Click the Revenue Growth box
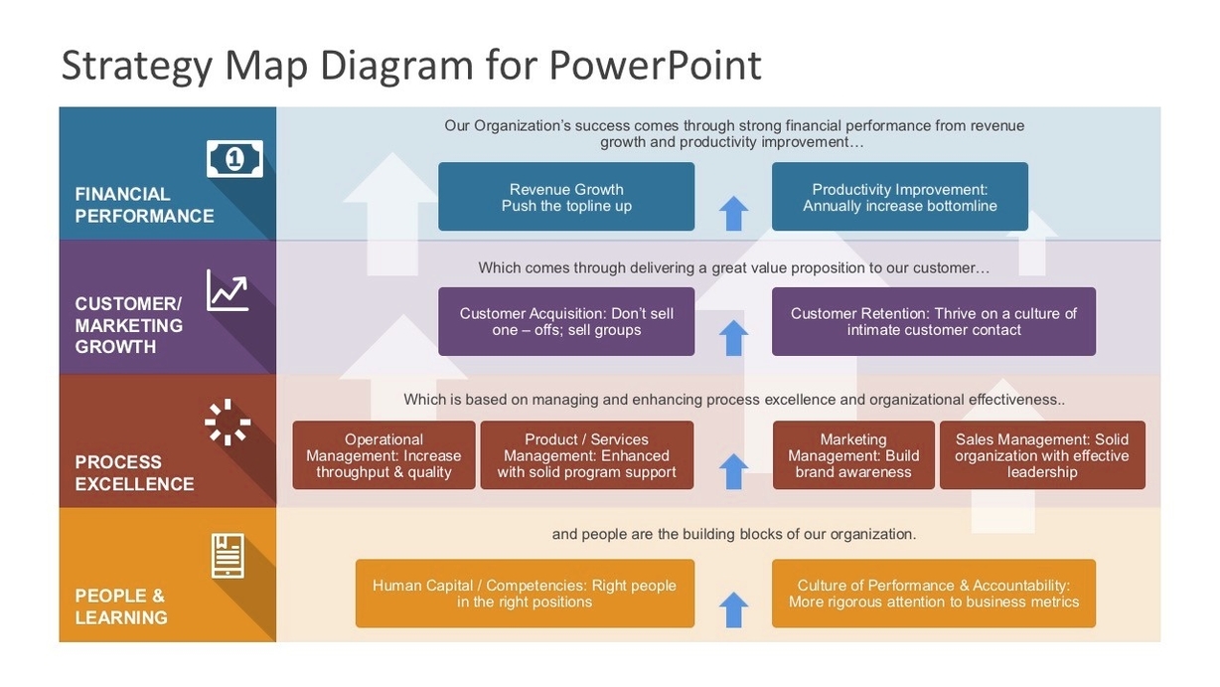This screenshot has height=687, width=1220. click(x=566, y=197)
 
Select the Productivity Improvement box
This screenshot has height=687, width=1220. click(x=899, y=197)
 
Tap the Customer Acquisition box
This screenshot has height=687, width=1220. click(x=566, y=321)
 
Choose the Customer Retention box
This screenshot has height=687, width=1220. click(x=933, y=321)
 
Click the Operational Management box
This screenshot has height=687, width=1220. click(x=383, y=455)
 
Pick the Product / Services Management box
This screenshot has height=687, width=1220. click(x=586, y=455)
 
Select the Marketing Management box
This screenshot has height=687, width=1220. click(x=852, y=455)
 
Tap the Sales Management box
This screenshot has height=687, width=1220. click(x=1041, y=455)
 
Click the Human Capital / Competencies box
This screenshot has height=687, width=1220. click(x=525, y=594)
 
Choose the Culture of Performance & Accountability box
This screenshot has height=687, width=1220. click(x=933, y=594)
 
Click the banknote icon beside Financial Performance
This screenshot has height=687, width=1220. click(x=234, y=158)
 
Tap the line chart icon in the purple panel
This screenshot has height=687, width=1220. click(x=228, y=290)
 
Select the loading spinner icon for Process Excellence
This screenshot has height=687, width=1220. click(x=228, y=422)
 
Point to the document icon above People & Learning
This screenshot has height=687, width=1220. click(x=228, y=555)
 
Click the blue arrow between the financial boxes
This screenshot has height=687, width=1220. click(x=733, y=213)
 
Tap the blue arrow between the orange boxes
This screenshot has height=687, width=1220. click(x=733, y=609)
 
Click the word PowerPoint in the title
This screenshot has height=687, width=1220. click(x=655, y=66)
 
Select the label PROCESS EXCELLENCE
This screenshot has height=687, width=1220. click(x=134, y=473)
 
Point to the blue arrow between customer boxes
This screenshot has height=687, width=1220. click(x=733, y=338)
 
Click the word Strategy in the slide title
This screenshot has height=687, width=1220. click(x=136, y=66)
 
